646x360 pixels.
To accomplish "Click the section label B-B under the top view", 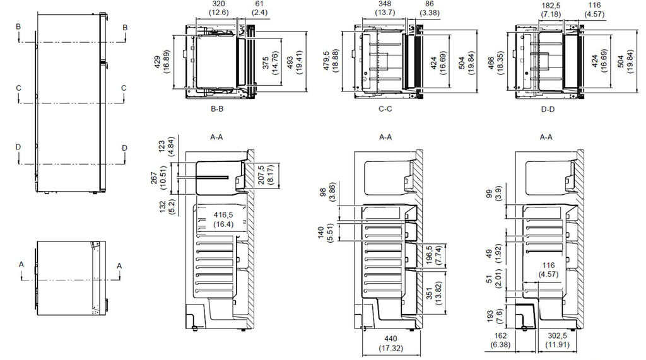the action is (x=217, y=109).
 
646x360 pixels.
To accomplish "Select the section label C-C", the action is (x=385, y=109).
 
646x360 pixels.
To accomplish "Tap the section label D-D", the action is (x=548, y=109).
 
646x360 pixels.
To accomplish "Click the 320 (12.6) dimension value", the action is (x=218, y=8).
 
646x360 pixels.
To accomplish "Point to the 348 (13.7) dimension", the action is (x=385, y=8).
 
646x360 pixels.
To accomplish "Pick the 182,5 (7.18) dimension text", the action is (x=551, y=10).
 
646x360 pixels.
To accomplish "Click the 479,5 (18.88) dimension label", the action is (x=331, y=61).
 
